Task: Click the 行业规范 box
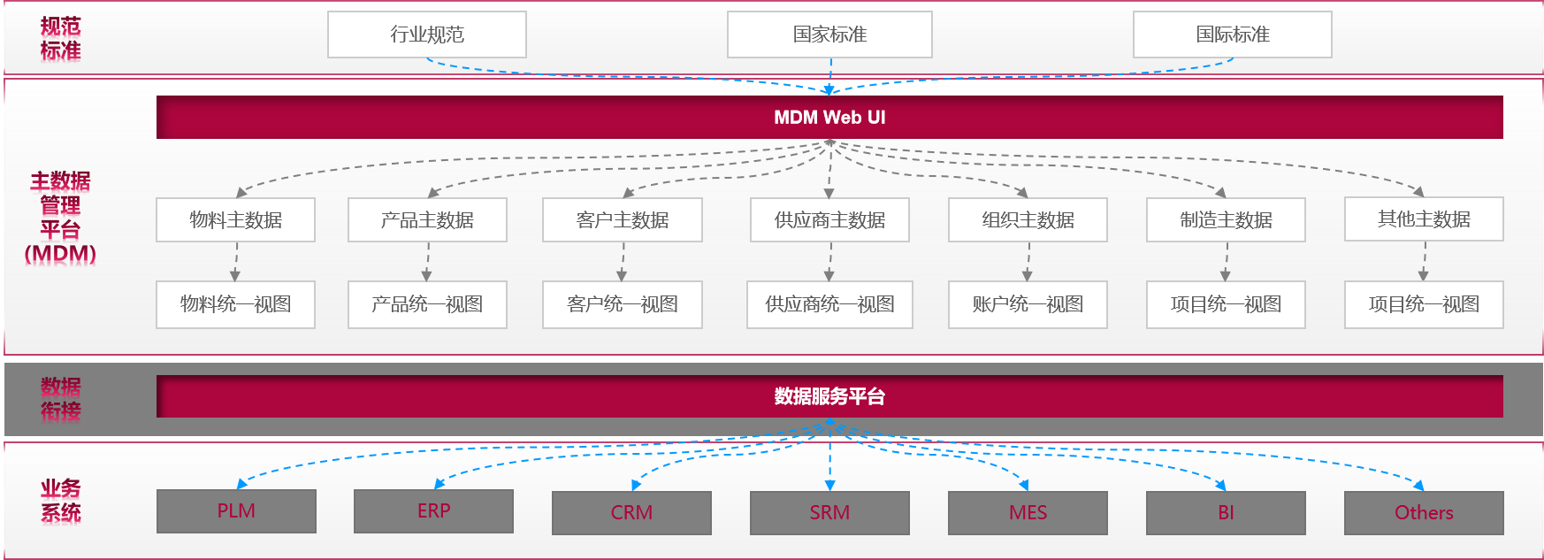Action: click(426, 35)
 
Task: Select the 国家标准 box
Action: click(829, 35)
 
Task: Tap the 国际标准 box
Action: click(1232, 35)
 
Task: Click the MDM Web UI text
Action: click(829, 118)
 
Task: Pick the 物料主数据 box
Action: click(235, 219)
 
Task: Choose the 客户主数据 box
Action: click(622, 219)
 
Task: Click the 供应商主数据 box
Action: click(829, 219)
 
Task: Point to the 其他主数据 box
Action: click(1424, 219)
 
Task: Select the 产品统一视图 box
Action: click(427, 304)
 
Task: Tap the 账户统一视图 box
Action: click(1028, 304)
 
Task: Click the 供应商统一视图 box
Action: click(829, 304)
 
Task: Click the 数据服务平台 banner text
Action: click(829, 396)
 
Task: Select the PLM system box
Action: click(236, 511)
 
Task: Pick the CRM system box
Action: click(631, 513)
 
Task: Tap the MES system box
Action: click(1028, 513)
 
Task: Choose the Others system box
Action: click(1424, 513)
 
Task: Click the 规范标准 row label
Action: click(60, 39)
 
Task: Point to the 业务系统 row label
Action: click(60, 501)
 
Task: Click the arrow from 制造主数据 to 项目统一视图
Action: click(1226, 262)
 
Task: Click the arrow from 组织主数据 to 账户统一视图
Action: click(1028, 262)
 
